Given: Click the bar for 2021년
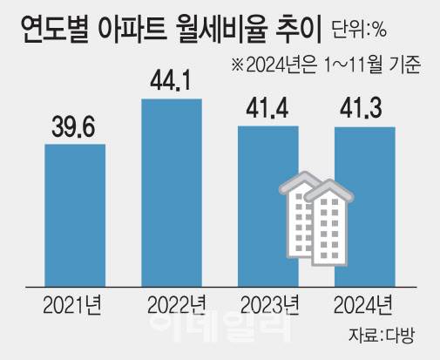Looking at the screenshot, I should (75, 209).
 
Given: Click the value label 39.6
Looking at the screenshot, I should (75, 126).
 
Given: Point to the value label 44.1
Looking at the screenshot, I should (172, 81).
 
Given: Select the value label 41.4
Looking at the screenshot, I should (267, 108).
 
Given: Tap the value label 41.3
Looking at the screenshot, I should (364, 109).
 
